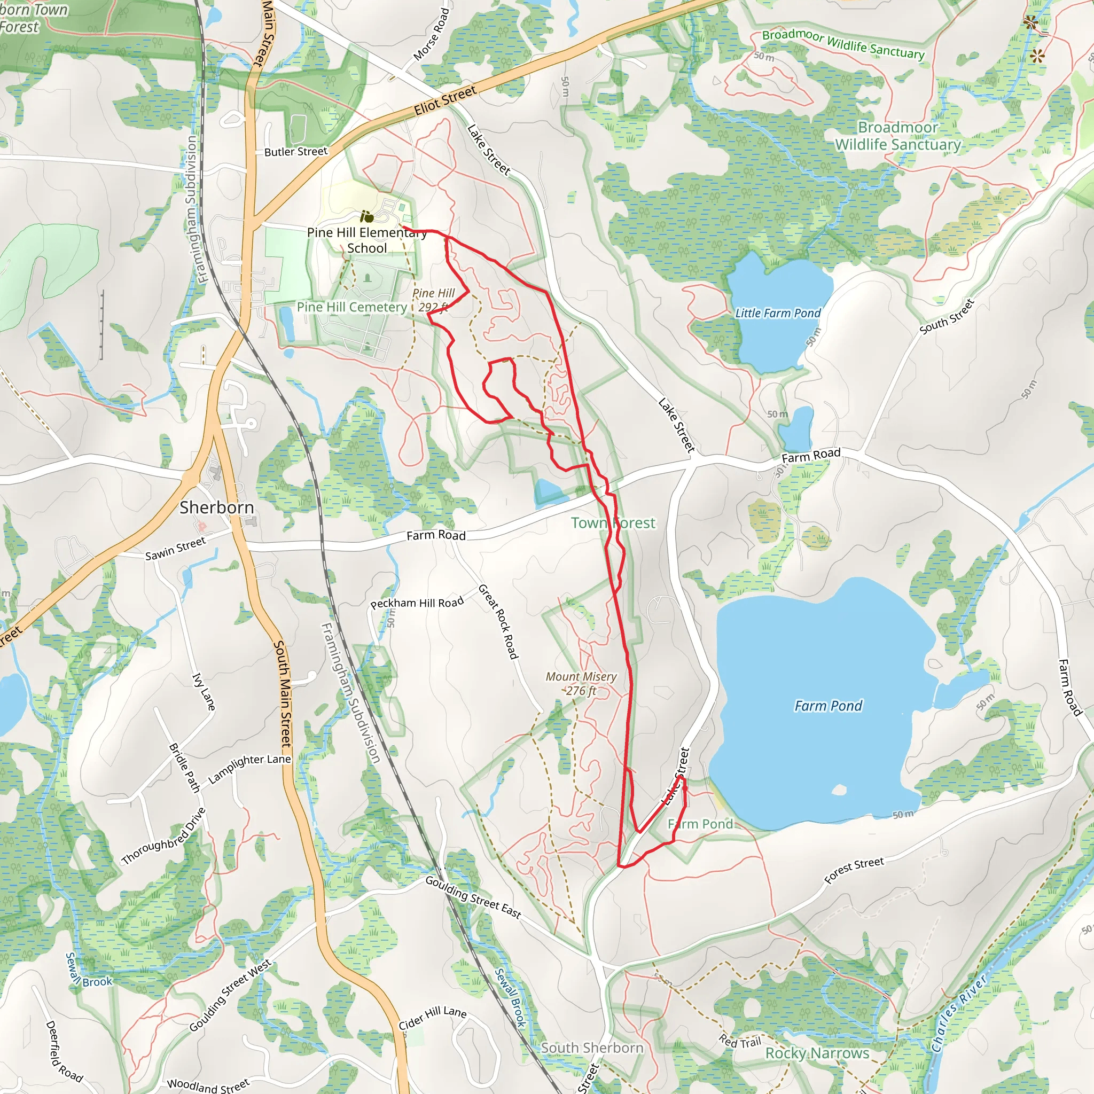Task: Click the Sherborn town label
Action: click(x=217, y=507)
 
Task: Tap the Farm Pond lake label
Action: click(x=828, y=706)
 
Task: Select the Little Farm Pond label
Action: click(x=777, y=313)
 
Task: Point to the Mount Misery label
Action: click(x=581, y=683)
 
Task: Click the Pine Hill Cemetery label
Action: click(x=351, y=307)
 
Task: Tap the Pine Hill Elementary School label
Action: click(x=367, y=240)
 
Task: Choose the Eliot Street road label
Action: click(x=445, y=100)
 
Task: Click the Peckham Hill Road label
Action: click(x=417, y=603)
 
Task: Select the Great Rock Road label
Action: click(x=498, y=622)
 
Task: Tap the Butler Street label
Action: click(x=295, y=152)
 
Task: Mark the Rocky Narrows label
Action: click(x=817, y=1053)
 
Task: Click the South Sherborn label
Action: click(x=592, y=1048)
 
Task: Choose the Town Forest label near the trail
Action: click(x=613, y=522)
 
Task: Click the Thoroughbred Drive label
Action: click(x=163, y=837)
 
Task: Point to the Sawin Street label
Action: click(x=176, y=549)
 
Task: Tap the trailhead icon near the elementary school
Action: click(x=367, y=216)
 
